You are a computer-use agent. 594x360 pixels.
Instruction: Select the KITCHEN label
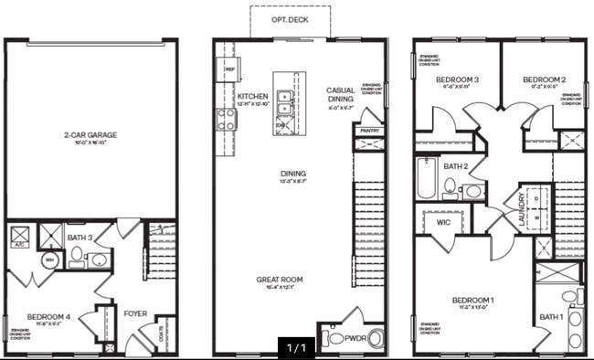point(251,96)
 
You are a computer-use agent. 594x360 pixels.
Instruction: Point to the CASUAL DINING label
point(345,95)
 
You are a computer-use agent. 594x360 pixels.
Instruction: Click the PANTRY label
point(369,132)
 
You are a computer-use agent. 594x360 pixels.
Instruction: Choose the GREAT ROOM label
point(281,281)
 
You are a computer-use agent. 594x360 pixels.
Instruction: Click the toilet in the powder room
point(333,339)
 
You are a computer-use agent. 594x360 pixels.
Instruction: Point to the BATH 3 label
point(80,238)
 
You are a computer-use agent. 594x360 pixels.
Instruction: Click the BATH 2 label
point(456,167)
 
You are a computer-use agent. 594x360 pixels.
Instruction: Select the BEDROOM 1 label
point(472,300)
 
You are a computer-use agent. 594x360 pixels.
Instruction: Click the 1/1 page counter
point(298,348)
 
